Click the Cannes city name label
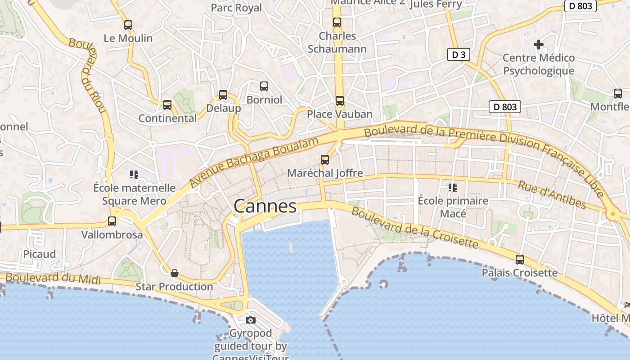click(x=265, y=206)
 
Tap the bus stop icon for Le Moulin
click(x=128, y=25)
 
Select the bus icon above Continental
click(x=167, y=105)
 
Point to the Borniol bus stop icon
click(x=264, y=86)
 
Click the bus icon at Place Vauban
click(x=340, y=101)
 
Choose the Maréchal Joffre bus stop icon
click(x=325, y=159)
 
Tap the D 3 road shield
click(x=459, y=55)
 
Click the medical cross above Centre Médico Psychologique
click(x=538, y=44)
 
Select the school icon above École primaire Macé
click(x=453, y=187)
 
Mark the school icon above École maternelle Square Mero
click(x=134, y=174)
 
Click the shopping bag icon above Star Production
click(x=175, y=273)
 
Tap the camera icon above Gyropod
click(x=251, y=320)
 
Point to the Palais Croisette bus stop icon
click(x=520, y=260)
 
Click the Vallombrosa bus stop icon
click(x=112, y=221)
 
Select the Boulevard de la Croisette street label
click(x=414, y=227)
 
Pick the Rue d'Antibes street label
click(x=552, y=195)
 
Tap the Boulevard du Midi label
click(x=53, y=278)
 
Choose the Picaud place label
click(x=40, y=254)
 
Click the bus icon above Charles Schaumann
click(x=337, y=22)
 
